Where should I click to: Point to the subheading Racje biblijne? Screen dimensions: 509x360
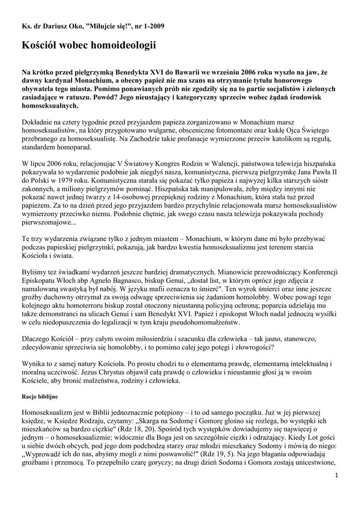40,398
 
